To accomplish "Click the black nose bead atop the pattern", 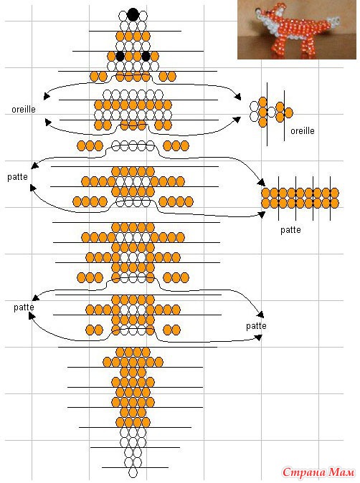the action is pyautogui.click(x=133, y=14).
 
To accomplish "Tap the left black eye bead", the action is pyautogui.click(x=120, y=57).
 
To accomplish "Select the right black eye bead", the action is pyautogui.click(x=146, y=57).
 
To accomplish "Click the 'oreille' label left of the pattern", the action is pyautogui.click(x=24, y=110).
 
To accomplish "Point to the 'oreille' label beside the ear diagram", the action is pyautogui.click(x=303, y=131).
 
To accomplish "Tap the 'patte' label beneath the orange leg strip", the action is pyautogui.click(x=290, y=230).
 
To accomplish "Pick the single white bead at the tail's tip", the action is pyautogui.click(x=133, y=472).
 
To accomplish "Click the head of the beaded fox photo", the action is pyautogui.click(x=265, y=15).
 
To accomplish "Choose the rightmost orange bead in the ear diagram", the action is pyautogui.click(x=288, y=113).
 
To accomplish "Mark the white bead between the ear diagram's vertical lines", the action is pyautogui.click(x=271, y=112).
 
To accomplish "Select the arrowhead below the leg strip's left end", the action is pyautogui.click(x=262, y=214).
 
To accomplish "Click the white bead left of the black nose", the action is pyautogui.click(x=123, y=15).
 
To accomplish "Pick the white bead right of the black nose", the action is pyautogui.click(x=143, y=15).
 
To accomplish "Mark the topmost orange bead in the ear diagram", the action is pyautogui.click(x=262, y=102).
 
